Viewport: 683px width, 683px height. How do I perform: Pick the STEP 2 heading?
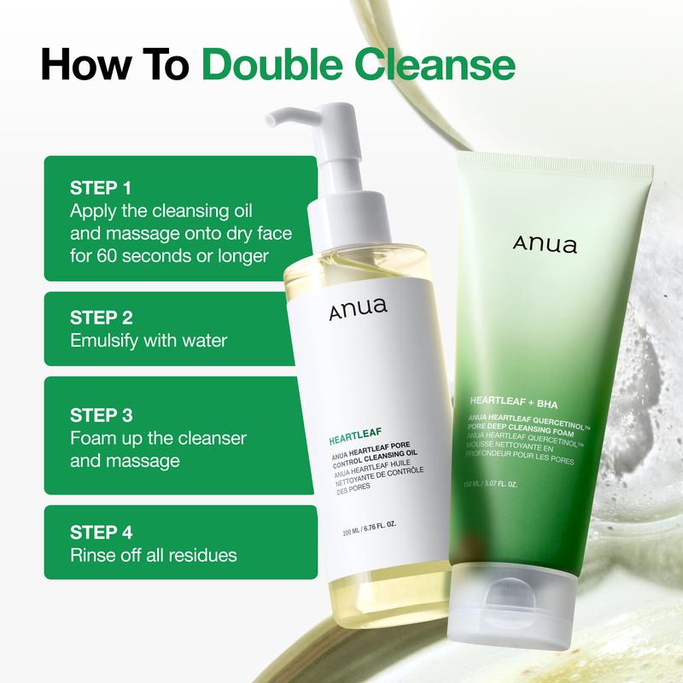point(102,318)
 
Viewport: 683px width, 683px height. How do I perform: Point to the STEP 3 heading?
point(102,416)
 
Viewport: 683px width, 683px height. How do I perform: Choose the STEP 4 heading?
point(102,532)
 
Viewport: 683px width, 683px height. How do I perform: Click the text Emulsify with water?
point(148,341)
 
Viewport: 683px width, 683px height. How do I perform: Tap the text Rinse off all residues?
point(154,555)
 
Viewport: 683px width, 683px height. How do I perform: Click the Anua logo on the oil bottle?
point(358,309)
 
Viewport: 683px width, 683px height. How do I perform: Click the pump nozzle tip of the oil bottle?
point(270,120)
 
